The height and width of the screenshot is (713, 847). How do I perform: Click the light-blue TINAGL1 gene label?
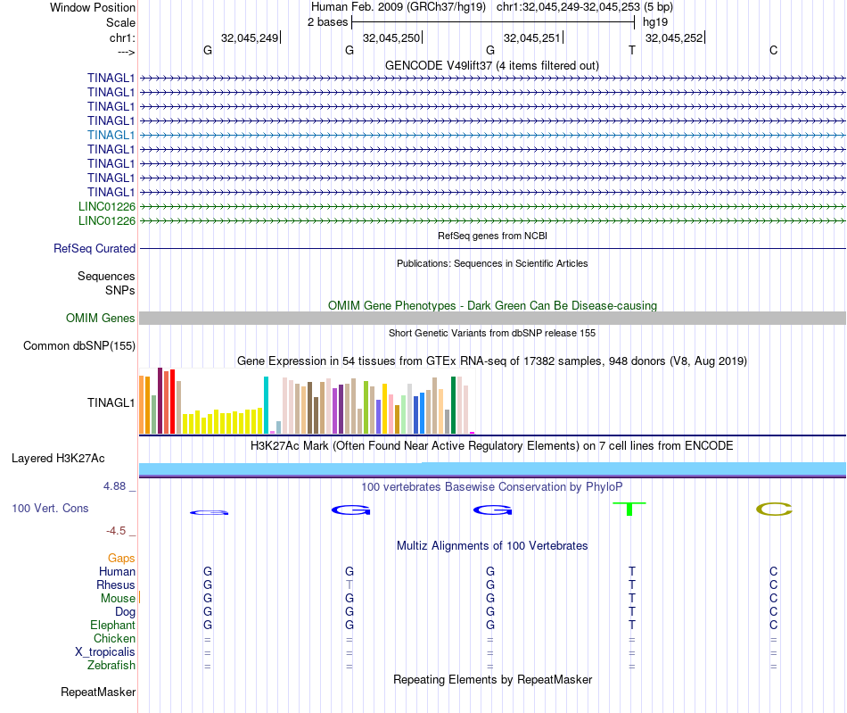(x=111, y=135)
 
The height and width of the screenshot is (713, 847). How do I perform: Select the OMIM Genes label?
(x=101, y=319)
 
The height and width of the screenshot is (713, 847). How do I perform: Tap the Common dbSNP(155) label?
(x=79, y=346)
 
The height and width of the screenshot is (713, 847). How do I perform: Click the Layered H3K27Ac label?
(x=58, y=459)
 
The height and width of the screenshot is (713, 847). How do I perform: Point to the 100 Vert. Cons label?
(x=50, y=509)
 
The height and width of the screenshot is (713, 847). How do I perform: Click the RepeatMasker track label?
(x=98, y=692)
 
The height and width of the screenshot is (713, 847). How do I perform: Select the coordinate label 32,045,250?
(x=391, y=38)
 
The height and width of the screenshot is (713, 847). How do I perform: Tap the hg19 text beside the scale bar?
(x=655, y=21)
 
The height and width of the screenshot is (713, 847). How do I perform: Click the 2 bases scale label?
(x=328, y=21)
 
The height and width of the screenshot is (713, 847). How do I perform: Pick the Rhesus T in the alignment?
(x=349, y=584)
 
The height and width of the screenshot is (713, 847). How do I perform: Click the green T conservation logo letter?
(x=630, y=509)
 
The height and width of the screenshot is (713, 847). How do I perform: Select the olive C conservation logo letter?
(x=774, y=510)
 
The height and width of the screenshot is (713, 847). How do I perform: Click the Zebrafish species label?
(x=111, y=666)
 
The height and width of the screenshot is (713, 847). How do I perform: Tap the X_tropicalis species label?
(x=105, y=652)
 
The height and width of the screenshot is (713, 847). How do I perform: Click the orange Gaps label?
(x=121, y=558)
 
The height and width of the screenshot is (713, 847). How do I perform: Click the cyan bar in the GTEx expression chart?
(x=266, y=405)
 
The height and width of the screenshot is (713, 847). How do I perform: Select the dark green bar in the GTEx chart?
(x=454, y=405)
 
